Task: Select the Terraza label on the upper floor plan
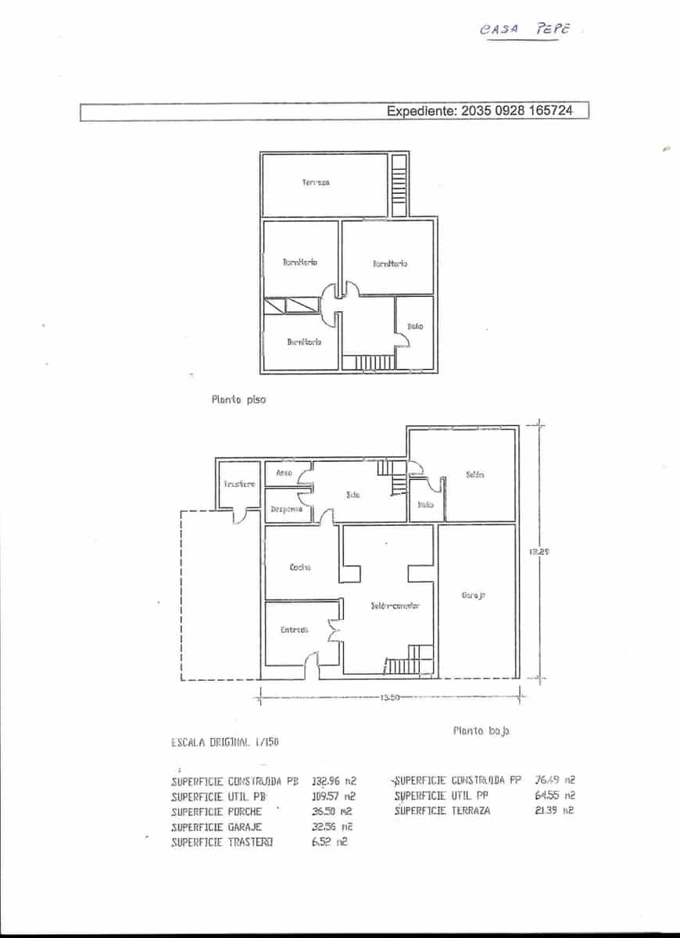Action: click(316, 182)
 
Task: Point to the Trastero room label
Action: click(238, 485)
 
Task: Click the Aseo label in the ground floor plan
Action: click(285, 474)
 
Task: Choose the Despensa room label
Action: click(286, 509)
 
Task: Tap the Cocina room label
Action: click(300, 567)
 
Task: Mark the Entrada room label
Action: click(295, 629)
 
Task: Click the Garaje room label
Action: click(474, 596)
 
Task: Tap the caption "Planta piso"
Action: click(238, 399)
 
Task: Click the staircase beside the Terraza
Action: click(399, 185)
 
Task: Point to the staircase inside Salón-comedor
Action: click(410, 661)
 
